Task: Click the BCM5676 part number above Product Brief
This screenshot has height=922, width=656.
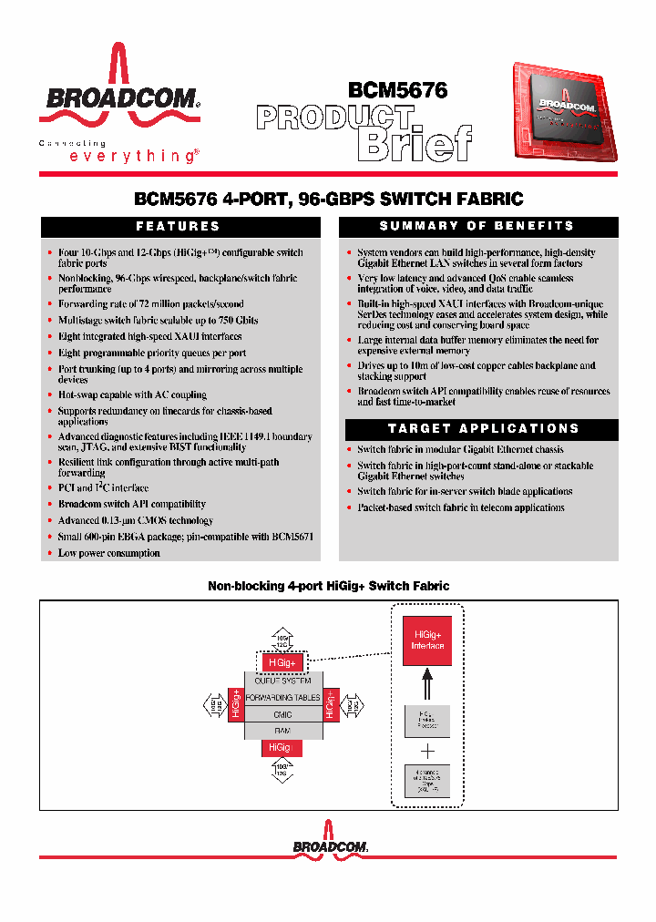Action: click(x=397, y=90)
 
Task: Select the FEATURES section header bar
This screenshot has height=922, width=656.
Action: click(x=179, y=227)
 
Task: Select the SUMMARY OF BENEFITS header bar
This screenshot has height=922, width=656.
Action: click(x=477, y=226)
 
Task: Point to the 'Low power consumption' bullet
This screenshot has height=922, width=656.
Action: click(x=108, y=553)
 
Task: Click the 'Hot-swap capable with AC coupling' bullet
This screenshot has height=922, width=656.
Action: click(x=132, y=394)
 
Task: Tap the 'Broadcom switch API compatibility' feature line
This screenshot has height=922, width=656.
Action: click(x=131, y=504)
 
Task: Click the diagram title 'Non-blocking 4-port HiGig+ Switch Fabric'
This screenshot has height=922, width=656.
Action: click(x=329, y=586)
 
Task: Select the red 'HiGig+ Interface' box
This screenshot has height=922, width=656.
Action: click(x=427, y=640)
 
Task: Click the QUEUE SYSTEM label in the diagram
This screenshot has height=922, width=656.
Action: click(x=282, y=681)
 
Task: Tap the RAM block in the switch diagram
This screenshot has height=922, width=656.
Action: click(x=282, y=731)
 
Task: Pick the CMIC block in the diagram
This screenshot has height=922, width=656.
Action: click(x=282, y=714)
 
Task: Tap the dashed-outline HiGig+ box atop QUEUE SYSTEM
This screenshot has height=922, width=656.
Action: click(x=282, y=662)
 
